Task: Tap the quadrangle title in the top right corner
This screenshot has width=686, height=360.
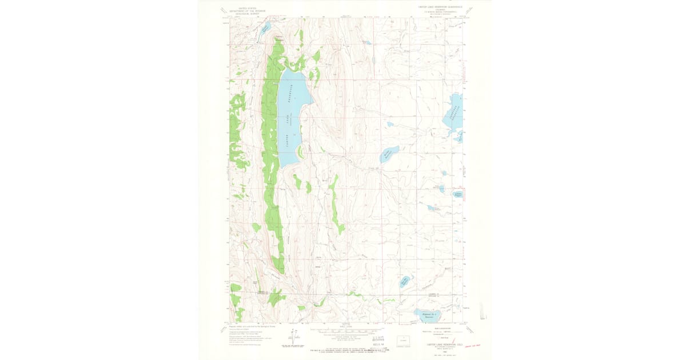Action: pos(437,7)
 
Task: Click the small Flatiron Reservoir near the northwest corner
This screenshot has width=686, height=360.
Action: pos(265,27)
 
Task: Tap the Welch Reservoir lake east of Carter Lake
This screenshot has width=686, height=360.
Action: pos(389,154)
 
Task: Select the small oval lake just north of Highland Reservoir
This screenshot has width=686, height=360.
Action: pos(405,281)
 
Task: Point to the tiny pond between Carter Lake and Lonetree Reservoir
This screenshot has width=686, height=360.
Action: pos(389,124)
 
